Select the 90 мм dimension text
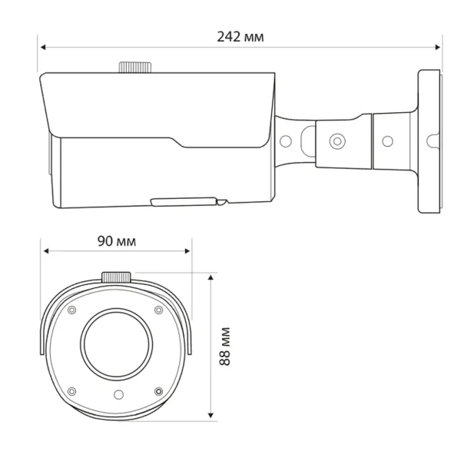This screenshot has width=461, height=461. tap(117, 240)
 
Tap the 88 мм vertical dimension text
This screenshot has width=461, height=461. tap(224, 345)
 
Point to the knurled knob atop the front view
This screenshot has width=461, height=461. tap(116, 277)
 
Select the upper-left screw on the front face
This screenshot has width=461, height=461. tap(71, 310)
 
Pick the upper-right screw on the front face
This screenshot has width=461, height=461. tap(159, 310)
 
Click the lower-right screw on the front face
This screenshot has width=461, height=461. tap(158, 391)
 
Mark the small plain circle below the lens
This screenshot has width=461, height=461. tap(116, 393)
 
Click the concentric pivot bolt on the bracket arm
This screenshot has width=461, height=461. tap(336, 141)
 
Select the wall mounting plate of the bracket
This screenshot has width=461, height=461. tap(429, 141)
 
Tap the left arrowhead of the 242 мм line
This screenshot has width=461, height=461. tap(43, 48)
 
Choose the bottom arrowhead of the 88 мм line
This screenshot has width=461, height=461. tap(211, 416)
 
